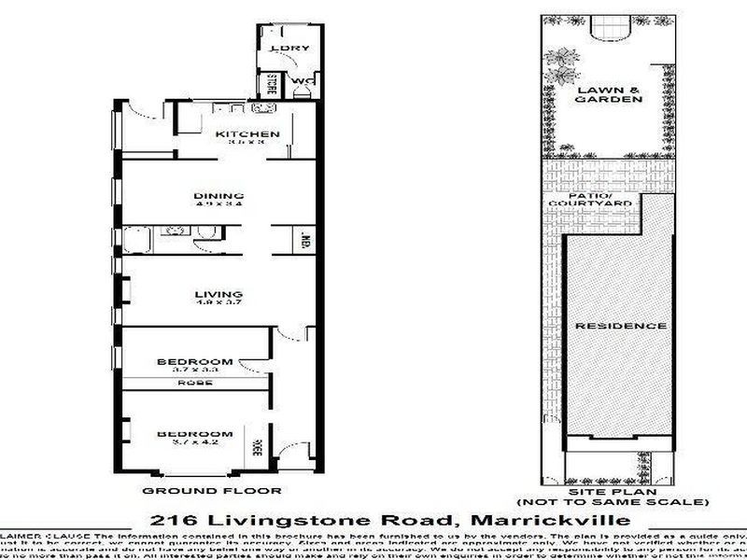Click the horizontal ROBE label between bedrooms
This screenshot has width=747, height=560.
tap(194, 383)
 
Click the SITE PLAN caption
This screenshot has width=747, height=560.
tap(609, 490)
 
